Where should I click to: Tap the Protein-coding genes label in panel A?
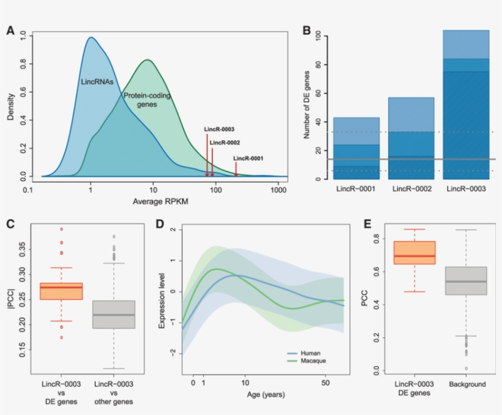(x=147, y=100)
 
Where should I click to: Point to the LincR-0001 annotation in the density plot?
(x=248, y=158)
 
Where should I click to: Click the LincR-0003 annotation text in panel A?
(x=219, y=129)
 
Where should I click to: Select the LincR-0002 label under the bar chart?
(x=411, y=189)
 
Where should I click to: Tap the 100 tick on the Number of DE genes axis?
(x=318, y=37)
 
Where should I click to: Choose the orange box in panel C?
(x=61, y=291)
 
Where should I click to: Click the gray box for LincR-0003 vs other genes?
(x=113, y=315)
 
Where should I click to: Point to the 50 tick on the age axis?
(x=326, y=383)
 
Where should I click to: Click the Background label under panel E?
(x=466, y=384)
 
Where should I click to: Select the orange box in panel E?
(x=414, y=252)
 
